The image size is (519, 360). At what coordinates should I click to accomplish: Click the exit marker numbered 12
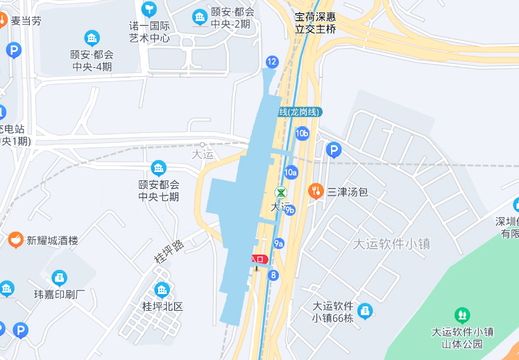[271, 62]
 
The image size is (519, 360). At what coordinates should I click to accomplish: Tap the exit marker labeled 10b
[302, 133]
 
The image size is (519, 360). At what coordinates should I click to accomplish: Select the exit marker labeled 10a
[291, 172]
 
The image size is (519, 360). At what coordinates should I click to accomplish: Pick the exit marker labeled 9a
[279, 243]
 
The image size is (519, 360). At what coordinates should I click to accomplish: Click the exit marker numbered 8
[274, 275]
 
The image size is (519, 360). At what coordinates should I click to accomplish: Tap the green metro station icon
[281, 193]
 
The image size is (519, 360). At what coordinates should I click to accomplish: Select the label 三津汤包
[348, 191]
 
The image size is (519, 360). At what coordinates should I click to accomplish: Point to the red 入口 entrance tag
[259, 259]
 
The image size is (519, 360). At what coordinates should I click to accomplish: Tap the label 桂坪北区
[162, 306]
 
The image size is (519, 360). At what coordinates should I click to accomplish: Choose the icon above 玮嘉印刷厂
[60, 278]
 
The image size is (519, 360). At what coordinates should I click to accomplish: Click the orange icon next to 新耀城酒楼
[15, 240]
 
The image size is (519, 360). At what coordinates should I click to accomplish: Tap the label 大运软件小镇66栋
[333, 312]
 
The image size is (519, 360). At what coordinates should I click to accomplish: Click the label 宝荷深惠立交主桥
[315, 22]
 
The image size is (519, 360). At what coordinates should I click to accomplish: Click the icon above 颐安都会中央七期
[159, 168]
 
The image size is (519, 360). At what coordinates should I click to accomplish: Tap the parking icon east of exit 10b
[334, 150]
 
